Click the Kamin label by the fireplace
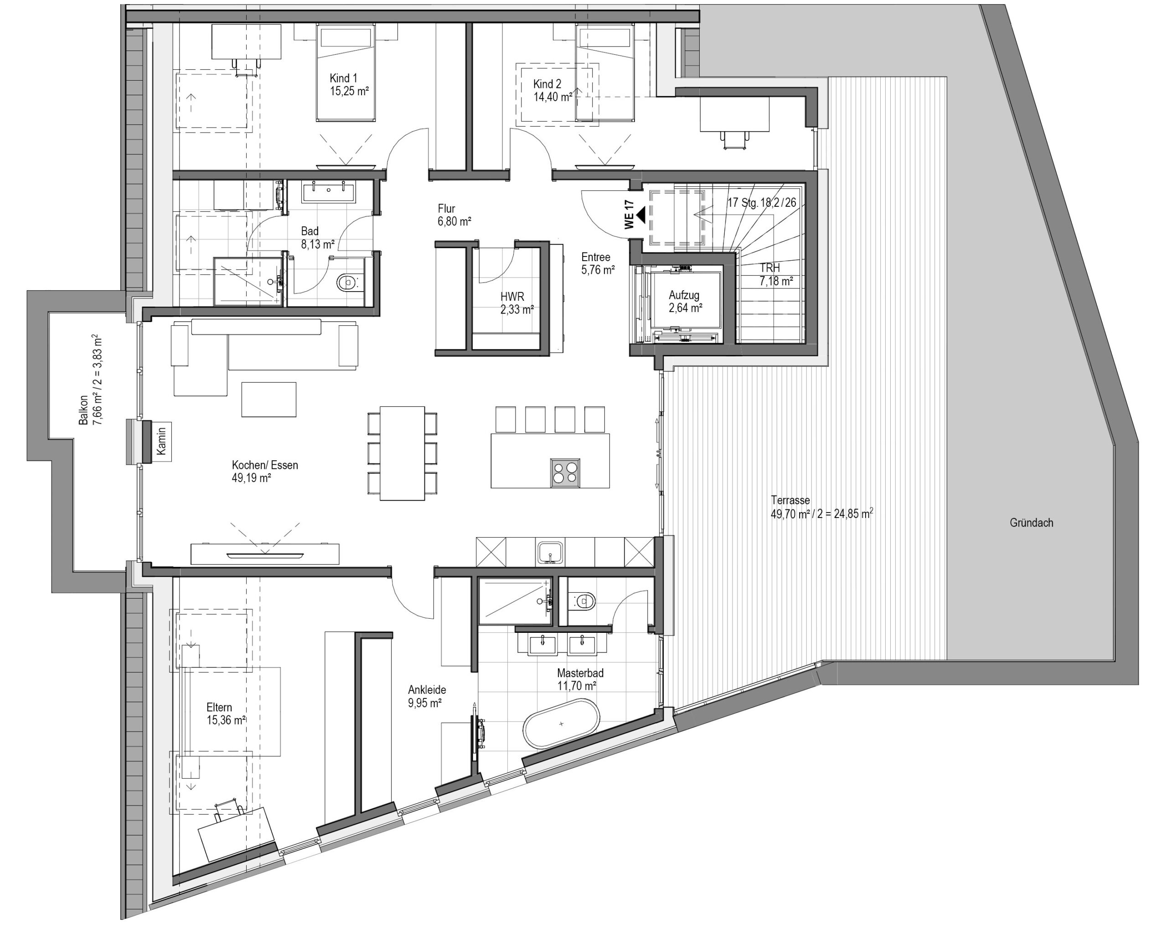pyautogui.click(x=161, y=441)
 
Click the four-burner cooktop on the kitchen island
pyautogui.click(x=566, y=473)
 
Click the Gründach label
pyautogui.click(x=1031, y=523)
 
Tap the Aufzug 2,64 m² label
pyautogui.click(x=685, y=301)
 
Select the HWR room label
pyautogui.click(x=512, y=297)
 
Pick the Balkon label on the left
pyautogui.click(x=83, y=410)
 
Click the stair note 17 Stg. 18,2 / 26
pyautogui.click(x=762, y=203)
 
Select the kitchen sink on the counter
pyautogui.click(x=551, y=552)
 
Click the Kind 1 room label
pyautogui.click(x=343, y=78)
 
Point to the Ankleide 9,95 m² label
pyautogui.click(x=427, y=696)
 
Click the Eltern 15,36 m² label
pyautogui.click(x=226, y=713)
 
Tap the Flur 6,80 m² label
pyautogui.click(x=454, y=215)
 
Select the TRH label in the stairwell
pyautogui.click(x=769, y=268)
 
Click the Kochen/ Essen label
pyautogui.click(x=265, y=465)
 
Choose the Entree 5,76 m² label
pyautogui.click(x=598, y=263)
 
